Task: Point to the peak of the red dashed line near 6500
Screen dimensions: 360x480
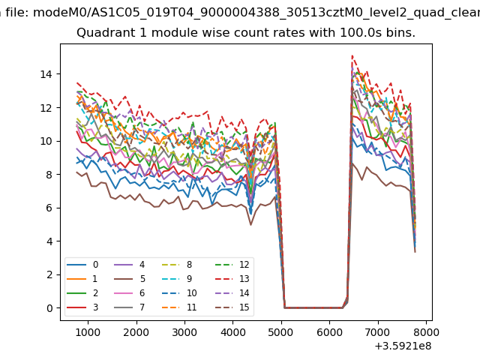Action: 352,55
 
